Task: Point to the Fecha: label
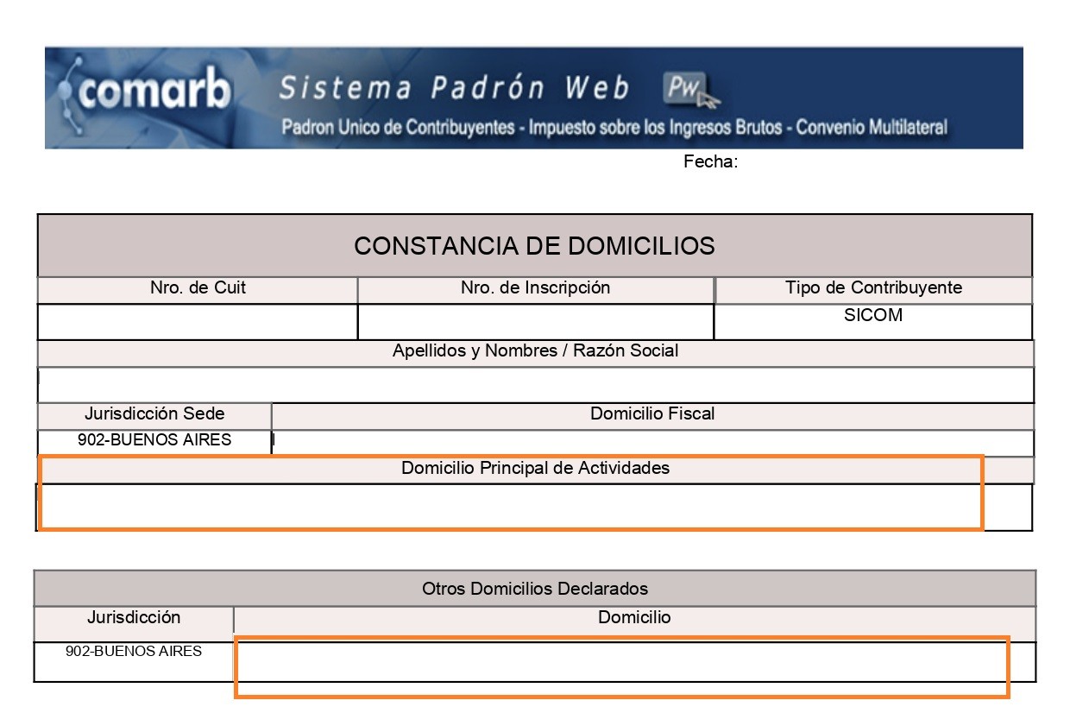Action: (x=710, y=162)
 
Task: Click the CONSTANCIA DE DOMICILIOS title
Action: (x=534, y=246)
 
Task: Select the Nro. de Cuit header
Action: (x=198, y=288)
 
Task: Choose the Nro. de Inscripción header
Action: (x=535, y=288)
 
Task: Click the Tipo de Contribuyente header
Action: (x=873, y=287)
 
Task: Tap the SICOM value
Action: (x=873, y=315)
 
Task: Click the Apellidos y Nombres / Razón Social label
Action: (x=535, y=351)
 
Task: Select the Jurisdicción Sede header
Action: (x=154, y=413)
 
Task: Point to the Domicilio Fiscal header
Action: (x=652, y=413)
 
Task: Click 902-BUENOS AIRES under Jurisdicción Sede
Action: (x=154, y=440)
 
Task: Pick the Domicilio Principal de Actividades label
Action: (x=535, y=469)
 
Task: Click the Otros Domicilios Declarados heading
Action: (x=535, y=589)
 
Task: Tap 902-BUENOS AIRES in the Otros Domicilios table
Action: (x=134, y=652)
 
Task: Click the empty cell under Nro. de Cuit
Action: (x=198, y=321)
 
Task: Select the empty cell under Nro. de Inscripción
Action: (x=535, y=321)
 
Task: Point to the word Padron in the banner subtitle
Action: (x=306, y=128)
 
